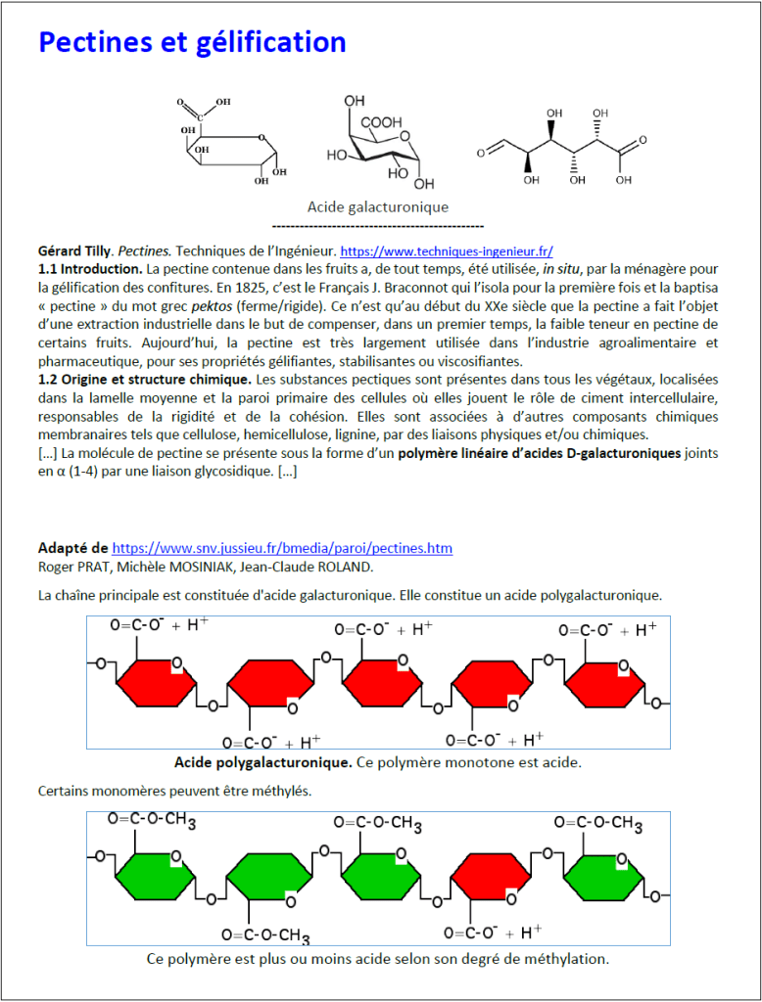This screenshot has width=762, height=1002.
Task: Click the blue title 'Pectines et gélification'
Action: point(192,42)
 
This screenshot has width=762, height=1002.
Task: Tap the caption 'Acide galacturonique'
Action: point(377,206)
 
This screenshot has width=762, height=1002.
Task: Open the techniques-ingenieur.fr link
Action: point(454,250)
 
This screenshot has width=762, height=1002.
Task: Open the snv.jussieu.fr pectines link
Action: point(282,548)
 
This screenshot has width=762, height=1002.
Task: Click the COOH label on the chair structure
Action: point(380,122)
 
